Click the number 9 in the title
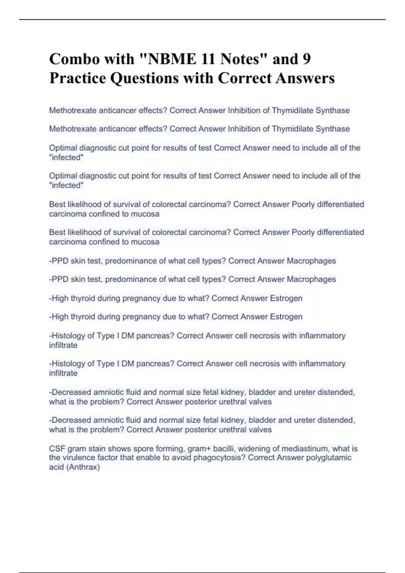click(306, 59)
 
